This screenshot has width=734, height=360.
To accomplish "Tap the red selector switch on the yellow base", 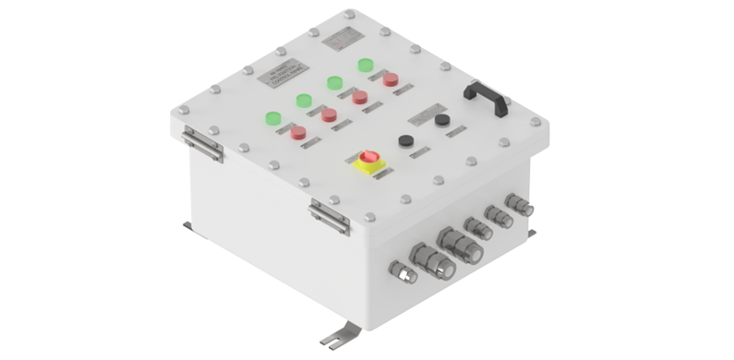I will tap(369, 159).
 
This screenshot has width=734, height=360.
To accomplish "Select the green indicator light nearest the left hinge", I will tap(272, 118).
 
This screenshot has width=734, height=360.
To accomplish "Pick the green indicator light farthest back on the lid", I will tap(367, 66).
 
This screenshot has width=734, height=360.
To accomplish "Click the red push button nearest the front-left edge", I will tap(299, 134).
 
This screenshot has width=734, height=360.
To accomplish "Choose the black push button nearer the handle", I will tap(441, 120).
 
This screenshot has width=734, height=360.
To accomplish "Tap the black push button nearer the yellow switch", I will tap(404, 140).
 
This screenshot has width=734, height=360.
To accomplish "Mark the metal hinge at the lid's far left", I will tap(201, 143).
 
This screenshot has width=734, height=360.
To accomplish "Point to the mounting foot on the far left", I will tap(188, 226).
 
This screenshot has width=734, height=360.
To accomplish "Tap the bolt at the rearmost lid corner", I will tap(348, 15).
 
